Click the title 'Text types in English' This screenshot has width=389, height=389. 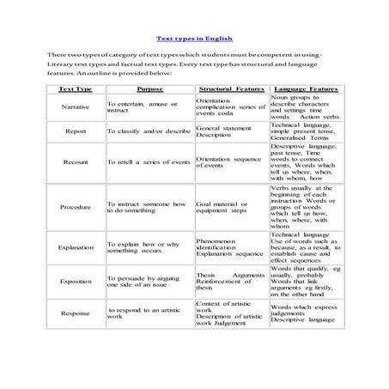click(194, 38)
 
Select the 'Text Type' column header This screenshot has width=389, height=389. click(75, 89)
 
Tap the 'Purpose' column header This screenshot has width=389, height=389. click(150, 89)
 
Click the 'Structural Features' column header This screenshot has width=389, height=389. click(230, 89)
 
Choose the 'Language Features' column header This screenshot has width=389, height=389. click(305, 89)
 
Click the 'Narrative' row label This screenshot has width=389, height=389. click(76, 106)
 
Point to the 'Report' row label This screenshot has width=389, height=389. click(76, 131)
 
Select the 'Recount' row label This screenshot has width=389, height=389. click(76, 161)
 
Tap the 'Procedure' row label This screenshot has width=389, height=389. click(76, 207)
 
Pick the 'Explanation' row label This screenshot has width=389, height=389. click(76, 247)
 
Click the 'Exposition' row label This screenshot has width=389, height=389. click(76, 281)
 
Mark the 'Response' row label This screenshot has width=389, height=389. click(76, 313)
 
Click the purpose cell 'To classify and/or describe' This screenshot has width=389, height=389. click(148, 131)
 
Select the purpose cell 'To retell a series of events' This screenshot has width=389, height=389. click(149, 161)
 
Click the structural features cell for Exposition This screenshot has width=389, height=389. click(230, 281)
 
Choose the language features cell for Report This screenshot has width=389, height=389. click(305, 131)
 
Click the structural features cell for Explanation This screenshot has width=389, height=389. click(230, 247)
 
